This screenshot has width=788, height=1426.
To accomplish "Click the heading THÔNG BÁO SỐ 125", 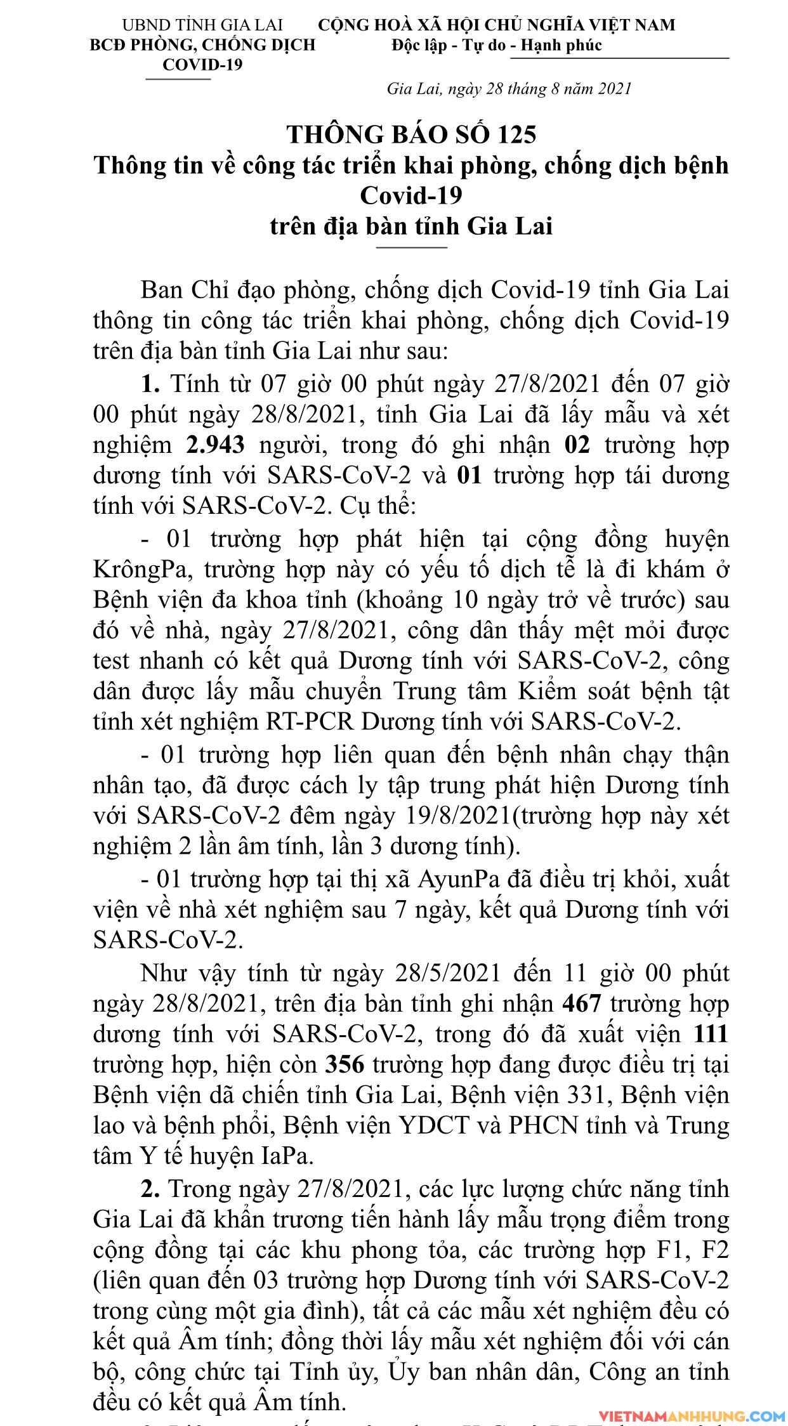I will [x=411, y=134].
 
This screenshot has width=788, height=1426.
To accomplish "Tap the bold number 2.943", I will [x=216, y=445].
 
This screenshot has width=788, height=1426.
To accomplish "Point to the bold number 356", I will [x=345, y=1064].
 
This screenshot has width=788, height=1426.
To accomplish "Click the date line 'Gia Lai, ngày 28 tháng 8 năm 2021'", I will [x=509, y=88].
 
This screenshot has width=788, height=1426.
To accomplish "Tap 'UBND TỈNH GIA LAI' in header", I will [x=202, y=25].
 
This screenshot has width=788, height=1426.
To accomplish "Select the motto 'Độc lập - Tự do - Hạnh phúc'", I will [x=496, y=45].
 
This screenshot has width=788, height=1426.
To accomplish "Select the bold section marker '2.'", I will [x=150, y=1188].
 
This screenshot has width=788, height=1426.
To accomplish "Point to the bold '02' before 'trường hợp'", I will [x=577, y=445].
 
